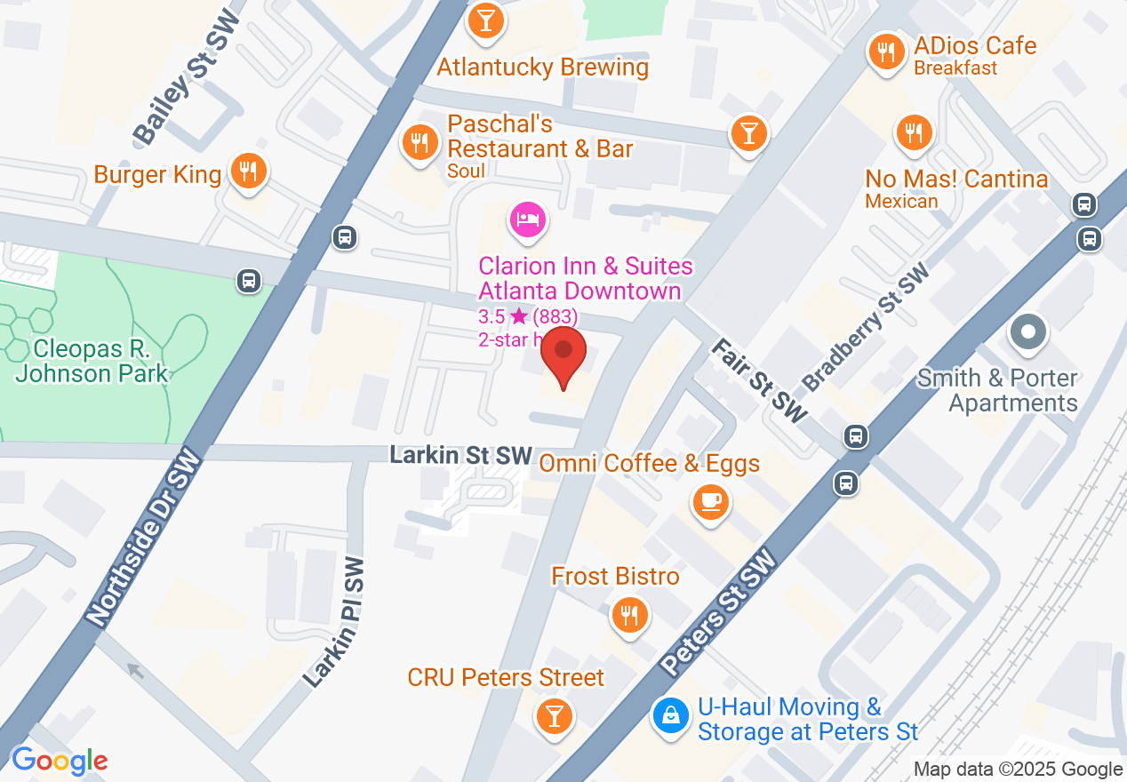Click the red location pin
(563, 353)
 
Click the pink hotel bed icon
(527, 219)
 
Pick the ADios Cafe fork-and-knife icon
(885, 52)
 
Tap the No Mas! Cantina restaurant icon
(913, 132)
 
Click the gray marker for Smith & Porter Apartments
(1028, 333)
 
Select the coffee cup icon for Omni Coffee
(710, 501)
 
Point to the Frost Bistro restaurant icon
(630, 614)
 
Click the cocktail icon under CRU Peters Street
(555, 714)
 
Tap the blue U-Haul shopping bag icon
(671, 714)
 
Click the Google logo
(60, 761)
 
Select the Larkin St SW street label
(460, 456)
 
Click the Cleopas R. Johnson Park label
(92, 360)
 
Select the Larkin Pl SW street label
(335, 622)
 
